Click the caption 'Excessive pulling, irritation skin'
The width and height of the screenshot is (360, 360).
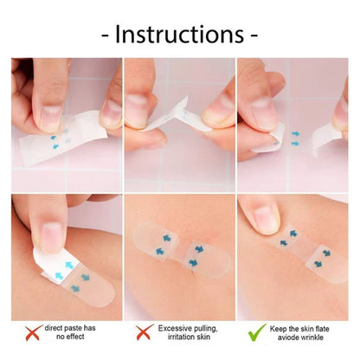click(x=188, y=332)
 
